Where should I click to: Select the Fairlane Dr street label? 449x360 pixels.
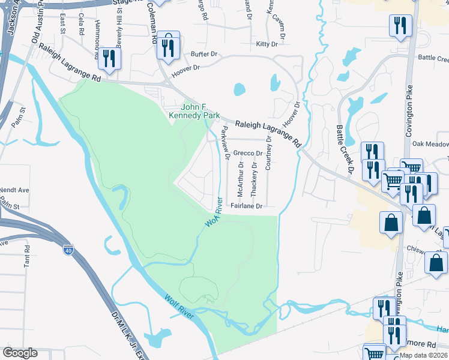coord(247,206)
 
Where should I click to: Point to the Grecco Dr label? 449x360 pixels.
coord(246,153)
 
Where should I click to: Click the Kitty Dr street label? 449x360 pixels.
coord(267,44)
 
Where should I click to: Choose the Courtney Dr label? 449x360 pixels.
coord(268,152)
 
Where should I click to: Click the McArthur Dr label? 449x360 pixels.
coord(240,179)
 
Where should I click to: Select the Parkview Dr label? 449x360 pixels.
coord(225,143)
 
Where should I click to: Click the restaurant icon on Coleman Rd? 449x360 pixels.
coord(169,45)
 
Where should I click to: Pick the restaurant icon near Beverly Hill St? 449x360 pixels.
coord(109,59)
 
